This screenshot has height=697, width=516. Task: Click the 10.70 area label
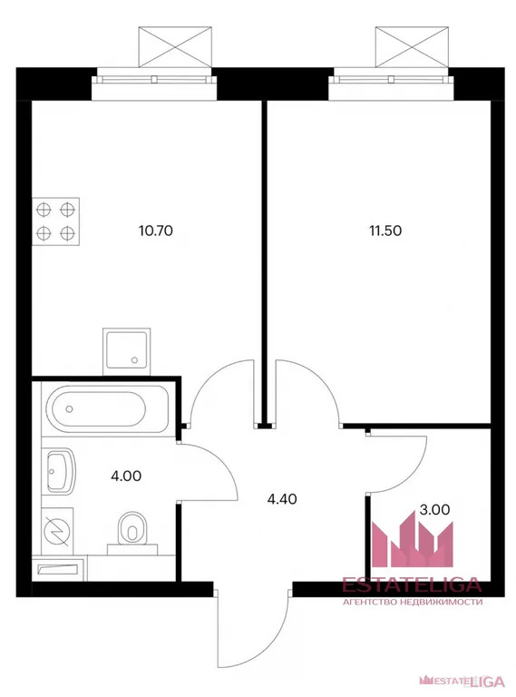155,231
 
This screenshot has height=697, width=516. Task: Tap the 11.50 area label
385,231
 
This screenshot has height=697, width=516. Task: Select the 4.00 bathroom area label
126,476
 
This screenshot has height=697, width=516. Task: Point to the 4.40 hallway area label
282,499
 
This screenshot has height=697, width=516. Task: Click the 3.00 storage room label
434,510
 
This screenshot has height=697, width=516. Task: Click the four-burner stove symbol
55,221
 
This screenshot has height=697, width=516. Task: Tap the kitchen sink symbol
127,351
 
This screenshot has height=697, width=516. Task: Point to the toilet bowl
131,532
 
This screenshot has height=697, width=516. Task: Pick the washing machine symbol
58,531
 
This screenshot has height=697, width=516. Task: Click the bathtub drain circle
69,408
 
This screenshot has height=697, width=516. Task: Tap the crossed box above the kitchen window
175,47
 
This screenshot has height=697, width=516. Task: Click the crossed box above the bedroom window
413,47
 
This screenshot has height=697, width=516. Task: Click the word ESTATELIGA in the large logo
412,584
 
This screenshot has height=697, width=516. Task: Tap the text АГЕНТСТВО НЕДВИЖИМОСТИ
413,602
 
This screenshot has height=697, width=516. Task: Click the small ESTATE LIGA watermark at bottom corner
462,680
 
